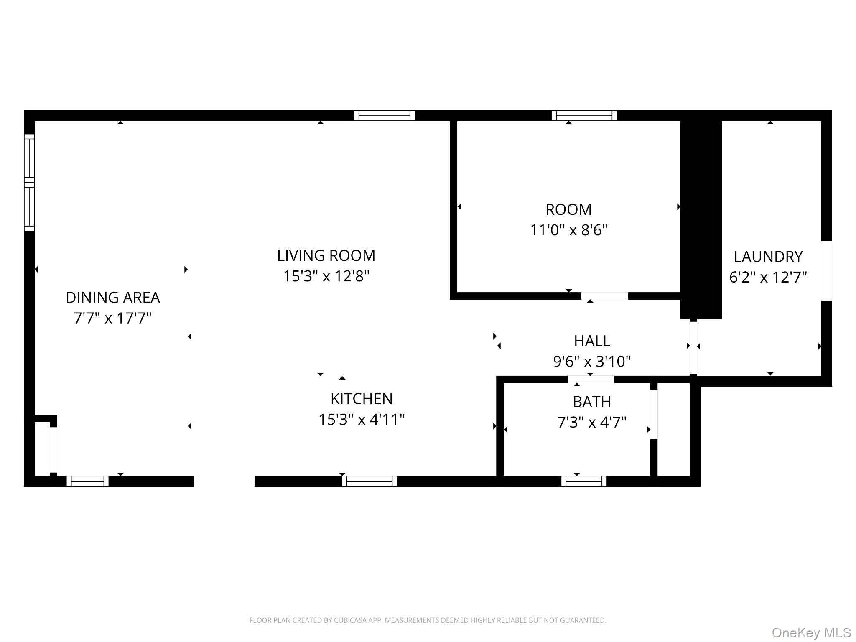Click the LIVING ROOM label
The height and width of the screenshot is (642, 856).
coord(326,255)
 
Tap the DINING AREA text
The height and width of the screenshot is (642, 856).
coord(113,298)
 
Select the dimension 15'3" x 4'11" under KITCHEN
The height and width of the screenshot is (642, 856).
coord(362,419)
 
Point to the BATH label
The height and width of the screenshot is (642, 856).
coord(592,402)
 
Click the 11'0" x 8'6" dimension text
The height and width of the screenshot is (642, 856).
coord(568,230)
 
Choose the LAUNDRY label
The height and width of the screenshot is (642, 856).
coord(768,257)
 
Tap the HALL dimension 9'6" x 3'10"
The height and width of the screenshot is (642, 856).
coord(592,361)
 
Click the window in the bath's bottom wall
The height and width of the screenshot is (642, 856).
coord(584,481)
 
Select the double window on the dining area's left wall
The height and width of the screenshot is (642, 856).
coord(29,182)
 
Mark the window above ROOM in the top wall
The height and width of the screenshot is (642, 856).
coord(584,116)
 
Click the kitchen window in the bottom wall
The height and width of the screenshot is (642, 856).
coord(369,481)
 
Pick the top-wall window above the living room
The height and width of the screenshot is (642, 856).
coord(384,116)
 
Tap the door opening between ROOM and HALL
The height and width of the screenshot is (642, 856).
coord(604,296)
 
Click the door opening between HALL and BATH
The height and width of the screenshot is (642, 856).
coord(591,380)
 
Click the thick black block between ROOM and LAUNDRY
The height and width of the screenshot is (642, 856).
coord(701,217)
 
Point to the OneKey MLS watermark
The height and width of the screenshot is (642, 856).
coord(811,632)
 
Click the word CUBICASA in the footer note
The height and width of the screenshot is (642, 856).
coord(350,620)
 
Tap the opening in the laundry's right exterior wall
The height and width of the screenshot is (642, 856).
coord(826,270)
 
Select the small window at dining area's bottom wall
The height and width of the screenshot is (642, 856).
coord(87,481)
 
